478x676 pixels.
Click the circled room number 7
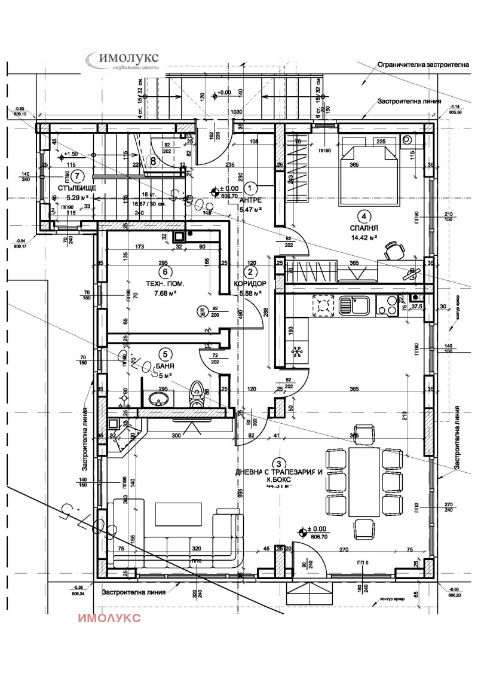point(78,176)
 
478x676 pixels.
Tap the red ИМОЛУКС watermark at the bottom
point(109,617)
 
